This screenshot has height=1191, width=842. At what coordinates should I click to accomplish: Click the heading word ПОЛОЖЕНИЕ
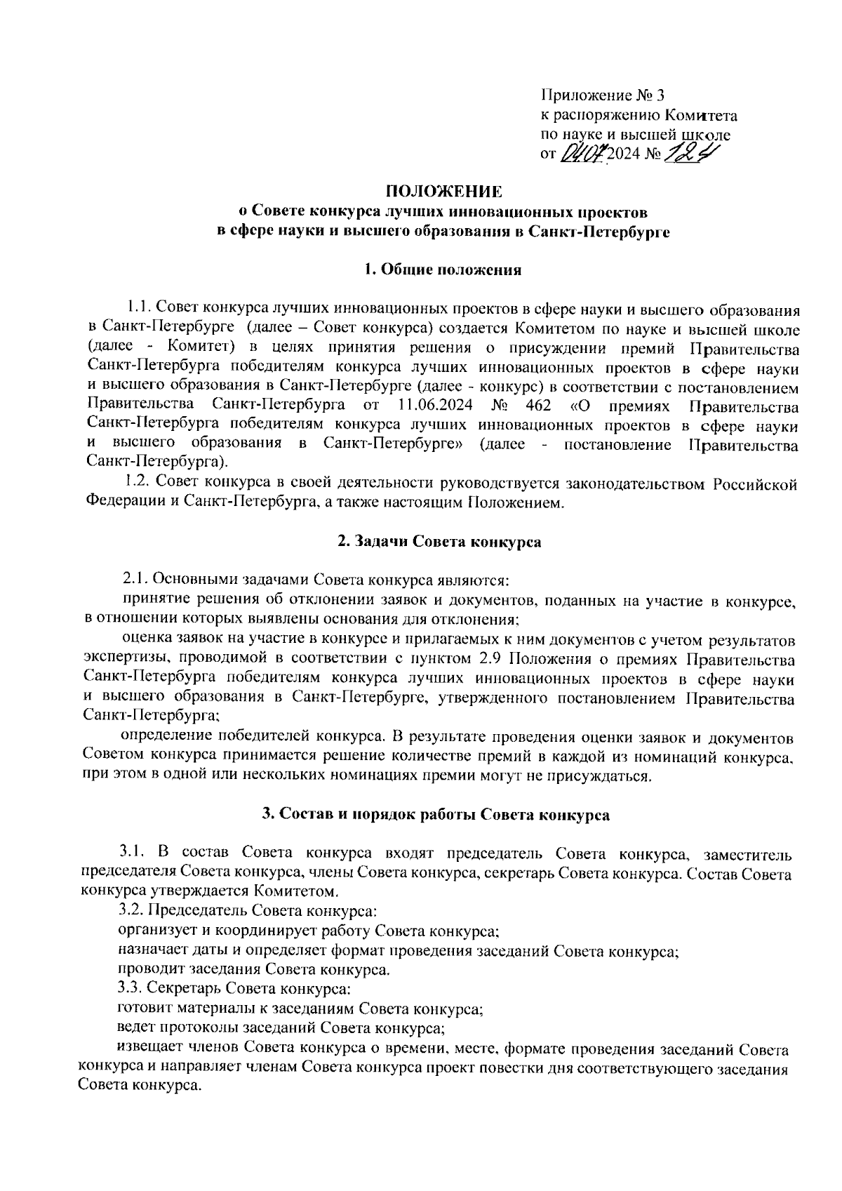coord(444,191)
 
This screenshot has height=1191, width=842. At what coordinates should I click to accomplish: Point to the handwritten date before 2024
coord(583,153)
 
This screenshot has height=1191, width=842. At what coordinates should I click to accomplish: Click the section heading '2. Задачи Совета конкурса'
coord(439,542)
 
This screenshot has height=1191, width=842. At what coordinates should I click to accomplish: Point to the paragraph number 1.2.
coord(136,483)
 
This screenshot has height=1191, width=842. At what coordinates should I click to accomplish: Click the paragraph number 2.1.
coord(135,580)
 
